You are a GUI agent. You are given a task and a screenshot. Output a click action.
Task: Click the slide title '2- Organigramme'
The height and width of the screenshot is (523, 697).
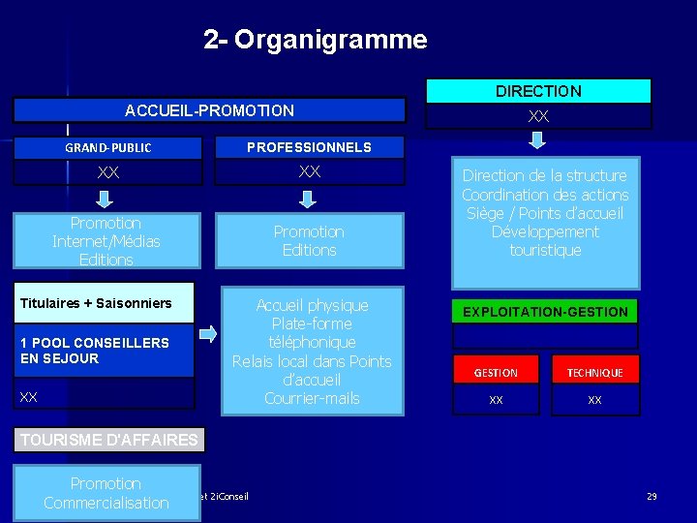pos(315,40)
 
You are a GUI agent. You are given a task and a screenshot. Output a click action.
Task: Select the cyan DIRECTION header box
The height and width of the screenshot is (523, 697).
pos(538,91)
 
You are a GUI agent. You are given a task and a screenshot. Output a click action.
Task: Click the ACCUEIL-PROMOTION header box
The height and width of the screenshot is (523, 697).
pos(209,110)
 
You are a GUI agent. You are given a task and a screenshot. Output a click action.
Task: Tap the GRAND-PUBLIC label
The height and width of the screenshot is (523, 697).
pos(107,148)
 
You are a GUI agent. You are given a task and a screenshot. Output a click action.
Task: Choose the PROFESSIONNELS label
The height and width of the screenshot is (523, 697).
pos(309,147)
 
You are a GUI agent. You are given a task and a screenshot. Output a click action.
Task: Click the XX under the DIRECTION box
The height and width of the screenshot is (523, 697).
pos(538,115)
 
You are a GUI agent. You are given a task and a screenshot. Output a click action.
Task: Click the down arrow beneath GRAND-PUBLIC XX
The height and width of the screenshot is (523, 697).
pos(107,200)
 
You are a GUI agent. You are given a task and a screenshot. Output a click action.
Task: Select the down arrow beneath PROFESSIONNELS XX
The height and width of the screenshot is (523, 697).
pos(307,200)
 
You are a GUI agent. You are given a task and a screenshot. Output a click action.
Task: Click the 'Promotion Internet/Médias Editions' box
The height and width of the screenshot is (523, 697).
pos(106,241)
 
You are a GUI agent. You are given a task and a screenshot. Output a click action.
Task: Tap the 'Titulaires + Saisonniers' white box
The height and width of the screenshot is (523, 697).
pos(97,303)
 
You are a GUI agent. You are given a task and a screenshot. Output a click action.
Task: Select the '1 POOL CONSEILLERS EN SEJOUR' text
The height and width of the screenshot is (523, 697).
pos(94,350)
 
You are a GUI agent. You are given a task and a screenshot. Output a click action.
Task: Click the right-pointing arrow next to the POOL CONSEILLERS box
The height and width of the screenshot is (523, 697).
pos(208,335)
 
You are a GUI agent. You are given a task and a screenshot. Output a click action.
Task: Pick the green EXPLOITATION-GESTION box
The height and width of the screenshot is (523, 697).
pos(546,312)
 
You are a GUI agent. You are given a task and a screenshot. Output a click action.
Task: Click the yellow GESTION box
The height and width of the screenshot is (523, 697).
pos(496,372)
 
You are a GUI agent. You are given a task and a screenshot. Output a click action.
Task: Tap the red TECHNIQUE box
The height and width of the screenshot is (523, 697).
pos(594,372)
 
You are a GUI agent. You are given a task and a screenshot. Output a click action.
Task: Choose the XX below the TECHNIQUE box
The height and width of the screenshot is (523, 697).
pos(594,399)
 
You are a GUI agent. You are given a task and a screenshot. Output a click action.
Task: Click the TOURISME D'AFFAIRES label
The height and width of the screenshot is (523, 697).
pos(108,440)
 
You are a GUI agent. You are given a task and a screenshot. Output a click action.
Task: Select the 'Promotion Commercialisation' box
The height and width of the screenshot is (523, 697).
pos(106,492)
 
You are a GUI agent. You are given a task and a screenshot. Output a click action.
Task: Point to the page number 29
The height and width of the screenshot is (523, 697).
pos(652,496)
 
